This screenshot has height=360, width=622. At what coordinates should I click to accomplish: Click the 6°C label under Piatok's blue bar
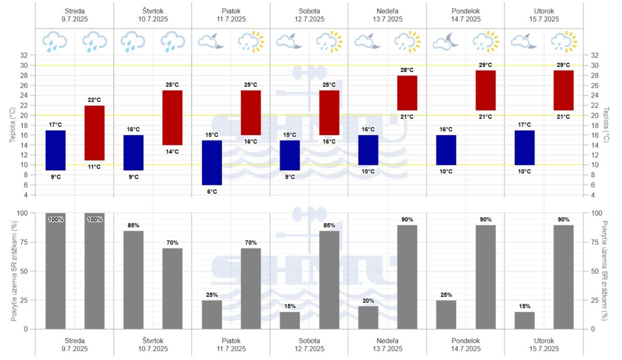coord(212,192)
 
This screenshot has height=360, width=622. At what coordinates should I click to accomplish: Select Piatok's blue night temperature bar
coord(212,163)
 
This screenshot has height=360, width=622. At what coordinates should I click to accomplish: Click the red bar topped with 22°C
coord(94,133)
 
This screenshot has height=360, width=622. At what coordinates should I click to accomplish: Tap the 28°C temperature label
coord(407,70)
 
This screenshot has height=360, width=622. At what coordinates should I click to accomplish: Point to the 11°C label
coord(94,167)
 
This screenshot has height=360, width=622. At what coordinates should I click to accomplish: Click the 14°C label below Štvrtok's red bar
coord(173,152)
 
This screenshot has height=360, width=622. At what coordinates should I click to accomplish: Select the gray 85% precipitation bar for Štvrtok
coord(134,280)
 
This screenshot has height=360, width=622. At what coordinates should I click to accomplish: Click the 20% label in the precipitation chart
coord(368,300)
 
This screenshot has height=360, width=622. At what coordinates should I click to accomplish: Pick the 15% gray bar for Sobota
coord(290,320)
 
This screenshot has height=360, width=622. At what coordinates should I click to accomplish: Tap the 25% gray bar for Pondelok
coord(446,314)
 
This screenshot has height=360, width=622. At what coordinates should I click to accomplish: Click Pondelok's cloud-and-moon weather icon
coord(446,41)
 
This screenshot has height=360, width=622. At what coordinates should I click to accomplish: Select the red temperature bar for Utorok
coord(563,90)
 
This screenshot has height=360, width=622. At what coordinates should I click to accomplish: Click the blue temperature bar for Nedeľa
coord(368,150)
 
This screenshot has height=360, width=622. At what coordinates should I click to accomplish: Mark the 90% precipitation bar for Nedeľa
coord(407,277)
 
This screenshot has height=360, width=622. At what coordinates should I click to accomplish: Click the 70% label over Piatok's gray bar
coord(251,242)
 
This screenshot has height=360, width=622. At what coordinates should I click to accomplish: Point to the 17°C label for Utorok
coord(525,124)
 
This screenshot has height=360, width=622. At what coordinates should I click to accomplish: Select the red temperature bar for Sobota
coord(329,112)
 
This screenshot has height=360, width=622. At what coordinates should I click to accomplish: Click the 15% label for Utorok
coord(525,306)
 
